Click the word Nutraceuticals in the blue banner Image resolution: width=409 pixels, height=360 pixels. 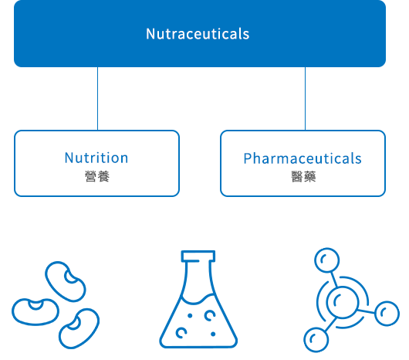click(198, 34)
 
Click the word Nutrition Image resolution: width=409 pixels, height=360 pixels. click(96, 158)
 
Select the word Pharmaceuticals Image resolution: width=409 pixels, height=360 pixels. click(303, 158)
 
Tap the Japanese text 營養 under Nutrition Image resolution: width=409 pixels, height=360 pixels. click(97, 176)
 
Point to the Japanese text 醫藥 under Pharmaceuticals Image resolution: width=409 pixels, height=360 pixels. click(303, 177)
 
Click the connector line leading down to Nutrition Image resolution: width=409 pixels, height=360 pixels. click(97, 98)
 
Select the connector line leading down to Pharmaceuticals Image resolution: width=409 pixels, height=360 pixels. click(305, 98)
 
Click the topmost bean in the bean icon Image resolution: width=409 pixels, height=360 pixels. click(66, 281)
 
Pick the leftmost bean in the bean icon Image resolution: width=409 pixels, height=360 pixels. click(35, 311)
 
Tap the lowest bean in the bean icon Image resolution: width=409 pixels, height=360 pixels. click(79, 328)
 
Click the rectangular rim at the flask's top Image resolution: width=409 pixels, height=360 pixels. click(198, 256)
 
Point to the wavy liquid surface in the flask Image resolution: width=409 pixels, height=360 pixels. click(198, 299)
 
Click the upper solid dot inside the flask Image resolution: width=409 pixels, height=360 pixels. click(190, 316)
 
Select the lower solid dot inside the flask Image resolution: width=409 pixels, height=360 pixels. click(213, 334)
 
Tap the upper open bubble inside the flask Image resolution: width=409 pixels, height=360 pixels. click(210, 315)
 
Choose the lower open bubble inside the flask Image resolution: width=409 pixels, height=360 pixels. click(181, 333)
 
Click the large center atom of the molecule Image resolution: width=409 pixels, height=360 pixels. click(343, 302)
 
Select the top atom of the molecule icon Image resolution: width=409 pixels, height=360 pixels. click(327, 260)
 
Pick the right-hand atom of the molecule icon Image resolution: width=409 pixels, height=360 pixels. click(387, 314)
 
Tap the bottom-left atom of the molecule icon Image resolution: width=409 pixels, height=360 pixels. click(316, 340)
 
